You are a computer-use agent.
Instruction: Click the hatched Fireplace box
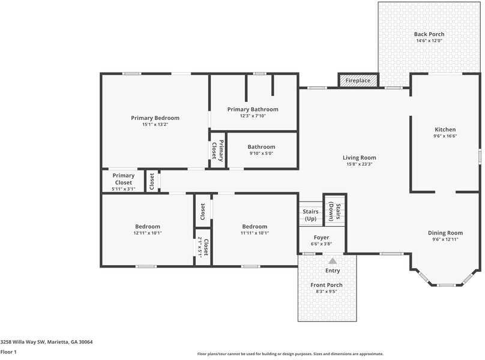pos(358,80)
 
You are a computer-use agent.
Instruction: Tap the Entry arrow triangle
pos(333,261)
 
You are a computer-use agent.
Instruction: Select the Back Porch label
pos(429,34)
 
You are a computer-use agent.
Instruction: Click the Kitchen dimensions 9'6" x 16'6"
pos(445,136)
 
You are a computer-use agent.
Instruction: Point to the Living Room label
pos(359,158)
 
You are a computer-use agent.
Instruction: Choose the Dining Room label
pos(445,233)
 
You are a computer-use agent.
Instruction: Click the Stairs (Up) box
pos(310,215)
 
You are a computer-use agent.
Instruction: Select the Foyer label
pos(321,238)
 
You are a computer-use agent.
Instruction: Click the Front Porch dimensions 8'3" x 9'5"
pos(327,292)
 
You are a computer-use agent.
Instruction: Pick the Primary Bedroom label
pos(155,118)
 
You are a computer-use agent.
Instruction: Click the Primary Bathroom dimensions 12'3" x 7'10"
pos(253,116)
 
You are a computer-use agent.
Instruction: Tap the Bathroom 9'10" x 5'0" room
pos(262,150)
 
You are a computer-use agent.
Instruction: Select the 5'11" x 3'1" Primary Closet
pos(123,182)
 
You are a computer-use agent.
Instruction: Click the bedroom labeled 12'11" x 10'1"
pos(147,230)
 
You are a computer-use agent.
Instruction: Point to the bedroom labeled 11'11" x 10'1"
pos(255,230)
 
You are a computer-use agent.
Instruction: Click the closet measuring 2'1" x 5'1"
pos(203,247)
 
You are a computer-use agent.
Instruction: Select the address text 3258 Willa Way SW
pos(46,342)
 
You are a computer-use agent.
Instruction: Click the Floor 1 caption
pos(8,352)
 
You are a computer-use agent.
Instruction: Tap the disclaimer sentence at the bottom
pos(291,354)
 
